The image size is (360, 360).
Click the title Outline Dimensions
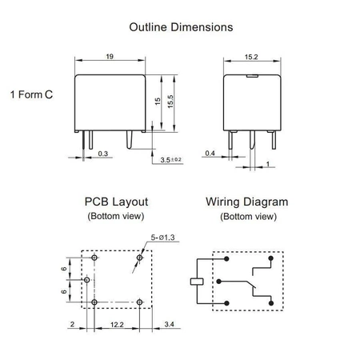coord(181,26)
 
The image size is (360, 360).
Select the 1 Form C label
coord(32,94)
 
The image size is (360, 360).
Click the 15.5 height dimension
coord(170,102)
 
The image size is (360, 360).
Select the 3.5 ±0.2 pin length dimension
coord(170,160)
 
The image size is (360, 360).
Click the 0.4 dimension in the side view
coord(210,152)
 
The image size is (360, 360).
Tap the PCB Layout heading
coord(115,202)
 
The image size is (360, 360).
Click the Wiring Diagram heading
coord(246,202)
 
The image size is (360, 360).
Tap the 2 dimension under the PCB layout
coord(72,325)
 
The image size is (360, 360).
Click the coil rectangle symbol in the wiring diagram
coord(194,281)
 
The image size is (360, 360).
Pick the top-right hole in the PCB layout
coord(140,258)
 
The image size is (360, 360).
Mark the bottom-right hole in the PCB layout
coord(140,302)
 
